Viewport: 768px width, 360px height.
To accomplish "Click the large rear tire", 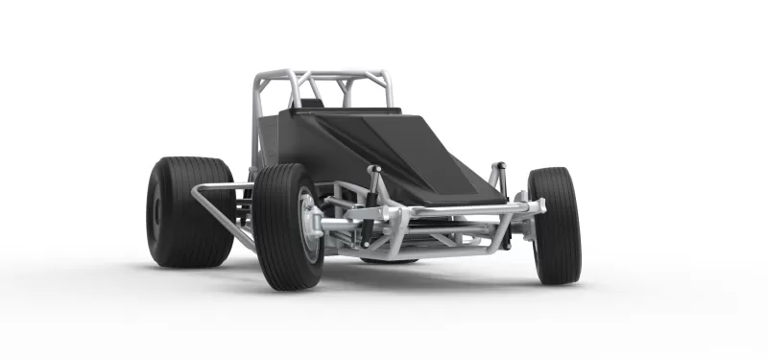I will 182,213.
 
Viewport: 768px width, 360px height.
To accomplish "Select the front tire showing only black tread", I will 555,226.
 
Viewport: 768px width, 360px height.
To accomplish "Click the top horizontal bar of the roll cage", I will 322,73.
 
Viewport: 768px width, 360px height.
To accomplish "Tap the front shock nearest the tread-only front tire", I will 498,178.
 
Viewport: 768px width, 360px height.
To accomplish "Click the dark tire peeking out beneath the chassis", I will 389,260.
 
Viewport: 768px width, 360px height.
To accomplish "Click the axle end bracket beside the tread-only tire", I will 534,207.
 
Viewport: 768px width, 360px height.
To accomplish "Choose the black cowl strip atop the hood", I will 346,112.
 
